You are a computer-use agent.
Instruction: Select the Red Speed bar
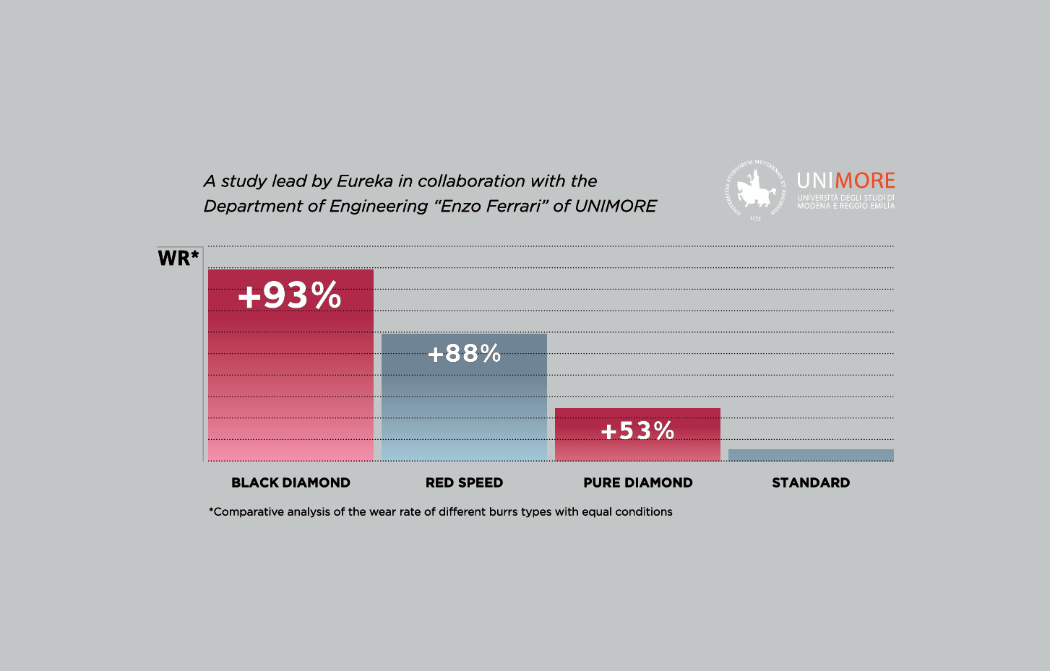pyautogui.click(x=464, y=412)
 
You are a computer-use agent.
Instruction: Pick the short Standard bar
pyautogui.click(x=811, y=455)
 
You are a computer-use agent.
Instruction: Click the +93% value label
pyautogui.click(x=290, y=295)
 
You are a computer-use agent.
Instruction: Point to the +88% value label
pyautogui.click(x=464, y=353)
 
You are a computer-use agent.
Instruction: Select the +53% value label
pyautogui.click(x=637, y=431)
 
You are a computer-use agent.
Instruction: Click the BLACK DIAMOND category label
pyautogui.click(x=291, y=482)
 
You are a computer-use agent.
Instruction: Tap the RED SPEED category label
pyautogui.click(x=464, y=482)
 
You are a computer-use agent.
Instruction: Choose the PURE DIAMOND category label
pyautogui.click(x=638, y=482)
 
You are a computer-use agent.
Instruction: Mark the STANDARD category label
pyautogui.click(x=811, y=482)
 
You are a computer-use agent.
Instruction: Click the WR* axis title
pyautogui.click(x=178, y=258)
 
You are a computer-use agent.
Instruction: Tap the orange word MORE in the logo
pyautogui.click(x=864, y=181)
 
